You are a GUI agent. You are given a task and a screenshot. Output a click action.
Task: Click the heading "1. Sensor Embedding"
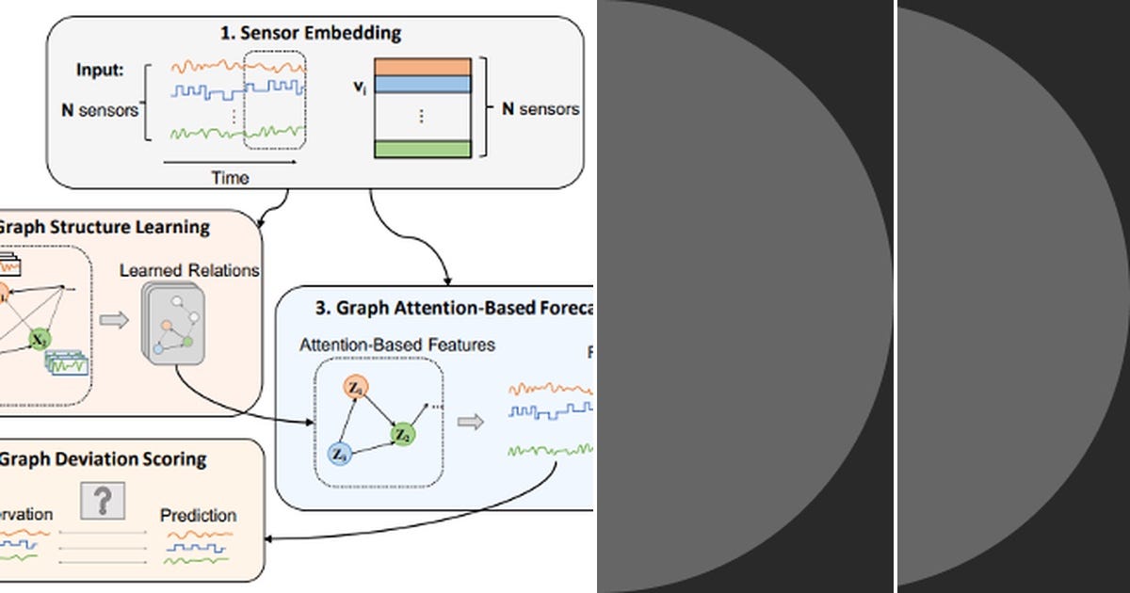pyautogui.click(x=310, y=34)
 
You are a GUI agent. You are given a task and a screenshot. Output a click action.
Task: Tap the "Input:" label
pyautogui.click(x=101, y=71)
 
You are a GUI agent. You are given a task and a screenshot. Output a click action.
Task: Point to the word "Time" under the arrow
pyautogui.click(x=230, y=177)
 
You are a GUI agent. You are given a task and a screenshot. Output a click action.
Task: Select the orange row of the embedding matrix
pyautogui.click(x=422, y=67)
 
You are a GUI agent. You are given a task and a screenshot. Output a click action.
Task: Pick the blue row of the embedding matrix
pyautogui.click(x=422, y=84)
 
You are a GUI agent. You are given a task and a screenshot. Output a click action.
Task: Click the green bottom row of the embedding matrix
pyautogui.click(x=422, y=149)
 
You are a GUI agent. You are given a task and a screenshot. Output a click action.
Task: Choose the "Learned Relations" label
pyautogui.click(x=188, y=271)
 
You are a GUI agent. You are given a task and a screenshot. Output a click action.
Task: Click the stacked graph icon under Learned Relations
pyautogui.click(x=173, y=324)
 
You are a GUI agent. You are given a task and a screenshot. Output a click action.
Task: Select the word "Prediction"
pyautogui.click(x=198, y=516)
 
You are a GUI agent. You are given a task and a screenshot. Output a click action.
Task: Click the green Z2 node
pyautogui.click(x=402, y=435)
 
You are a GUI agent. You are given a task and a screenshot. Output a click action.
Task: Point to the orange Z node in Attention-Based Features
pyautogui.click(x=354, y=387)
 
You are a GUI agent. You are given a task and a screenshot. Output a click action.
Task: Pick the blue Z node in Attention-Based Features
pyautogui.click(x=340, y=456)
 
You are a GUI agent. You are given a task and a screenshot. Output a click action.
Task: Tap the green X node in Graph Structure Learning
pyautogui.click(x=39, y=339)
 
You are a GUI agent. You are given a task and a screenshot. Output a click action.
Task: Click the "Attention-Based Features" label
pyautogui.click(x=396, y=345)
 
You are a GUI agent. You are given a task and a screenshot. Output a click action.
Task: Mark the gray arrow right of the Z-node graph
pyautogui.click(x=470, y=421)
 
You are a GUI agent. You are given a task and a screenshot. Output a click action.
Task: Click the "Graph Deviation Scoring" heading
pyautogui.click(x=103, y=459)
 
